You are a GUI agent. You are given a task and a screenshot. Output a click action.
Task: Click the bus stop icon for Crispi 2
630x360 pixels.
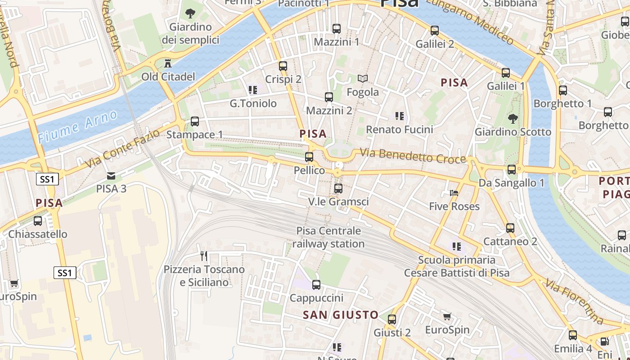(283, 66)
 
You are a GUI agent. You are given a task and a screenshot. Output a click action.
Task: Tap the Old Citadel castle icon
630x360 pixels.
(168, 63)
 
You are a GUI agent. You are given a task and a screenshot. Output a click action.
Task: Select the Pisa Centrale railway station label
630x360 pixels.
(328, 237)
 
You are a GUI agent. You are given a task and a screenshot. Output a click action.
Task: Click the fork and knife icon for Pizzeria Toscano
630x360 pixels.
(204, 256)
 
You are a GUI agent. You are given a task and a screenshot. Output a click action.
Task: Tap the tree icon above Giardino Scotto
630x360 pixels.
(513, 119)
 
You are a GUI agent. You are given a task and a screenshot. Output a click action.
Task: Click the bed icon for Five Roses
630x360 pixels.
(454, 193)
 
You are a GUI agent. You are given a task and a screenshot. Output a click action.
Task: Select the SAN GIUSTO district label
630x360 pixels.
(340, 315)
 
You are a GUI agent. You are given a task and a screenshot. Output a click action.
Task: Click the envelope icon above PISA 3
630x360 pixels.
(111, 175)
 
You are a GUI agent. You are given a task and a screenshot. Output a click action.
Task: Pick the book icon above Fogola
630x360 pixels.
(363, 79)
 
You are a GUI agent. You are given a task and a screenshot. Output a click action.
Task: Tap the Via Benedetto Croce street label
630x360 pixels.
(413, 156)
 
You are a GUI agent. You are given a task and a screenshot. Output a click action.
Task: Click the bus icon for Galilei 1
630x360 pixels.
(506, 72)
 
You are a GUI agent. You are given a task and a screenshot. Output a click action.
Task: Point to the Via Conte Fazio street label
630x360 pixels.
(122, 148)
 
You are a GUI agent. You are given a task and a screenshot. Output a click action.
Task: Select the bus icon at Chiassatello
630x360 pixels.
(38, 221)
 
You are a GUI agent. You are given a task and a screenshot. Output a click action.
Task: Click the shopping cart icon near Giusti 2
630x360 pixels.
(447, 317)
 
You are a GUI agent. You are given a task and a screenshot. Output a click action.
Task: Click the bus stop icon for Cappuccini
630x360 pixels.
(316, 284)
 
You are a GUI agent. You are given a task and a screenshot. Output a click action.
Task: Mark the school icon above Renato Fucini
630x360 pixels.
(399, 116)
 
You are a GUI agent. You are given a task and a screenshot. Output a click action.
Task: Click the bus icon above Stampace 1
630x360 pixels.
(195, 121)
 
